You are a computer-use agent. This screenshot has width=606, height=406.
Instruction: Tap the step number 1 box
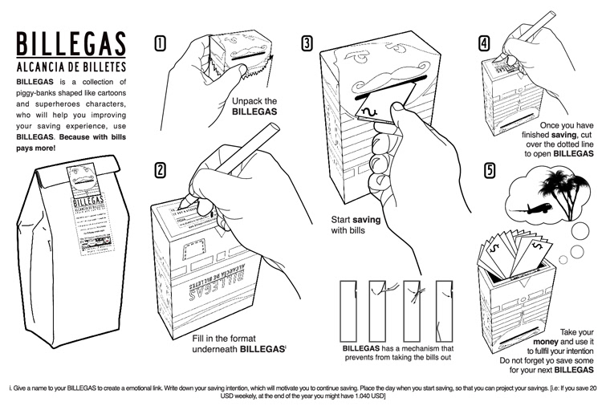[160, 43]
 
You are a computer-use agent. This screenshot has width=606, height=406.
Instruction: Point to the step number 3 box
[307, 43]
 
